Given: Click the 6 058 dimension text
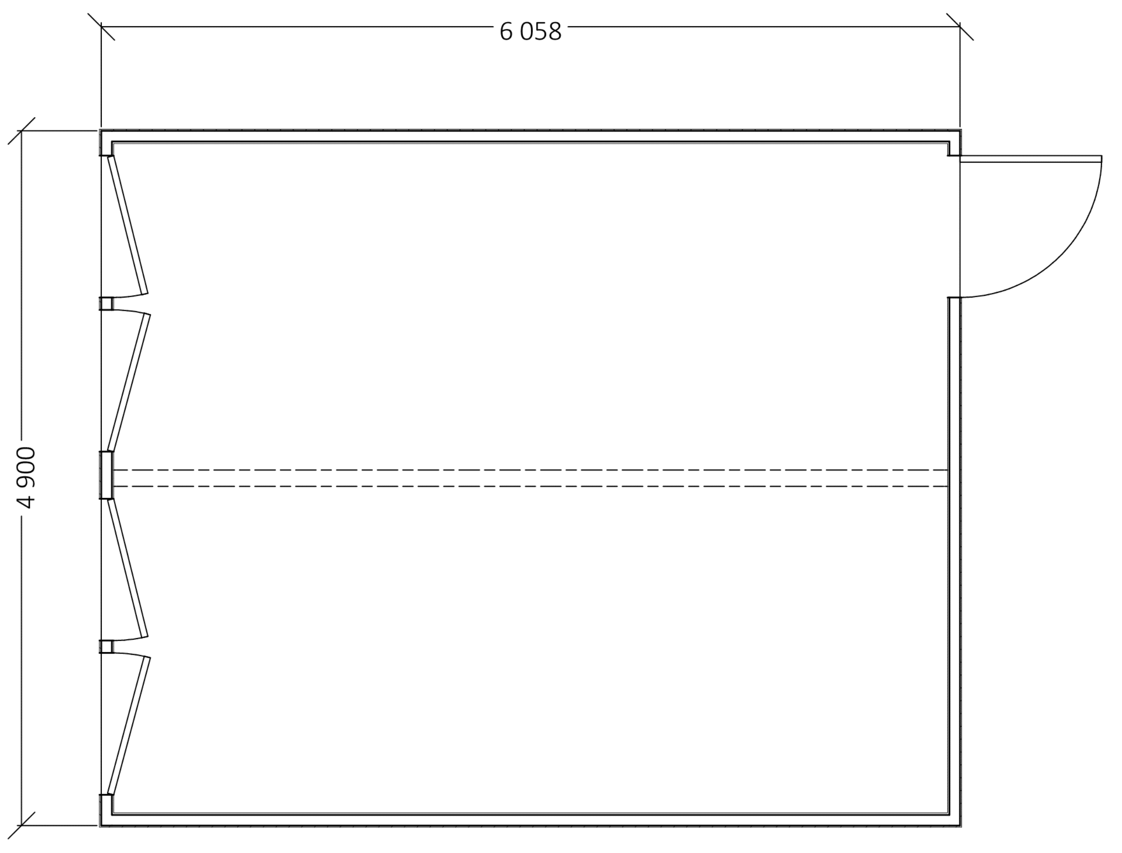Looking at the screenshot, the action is point(531,31).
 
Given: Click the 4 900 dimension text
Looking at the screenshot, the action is point(25,477).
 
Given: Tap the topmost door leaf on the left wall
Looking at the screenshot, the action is point(128,225).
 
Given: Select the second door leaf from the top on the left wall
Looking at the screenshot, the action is point(129,382).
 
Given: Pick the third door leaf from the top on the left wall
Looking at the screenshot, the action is point(128,568).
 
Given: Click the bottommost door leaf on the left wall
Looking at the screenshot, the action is point(129,726).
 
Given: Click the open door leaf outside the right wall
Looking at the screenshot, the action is point(1030,159).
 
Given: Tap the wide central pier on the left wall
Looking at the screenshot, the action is point(106,475).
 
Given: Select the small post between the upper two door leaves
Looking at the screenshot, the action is point(106,304).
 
